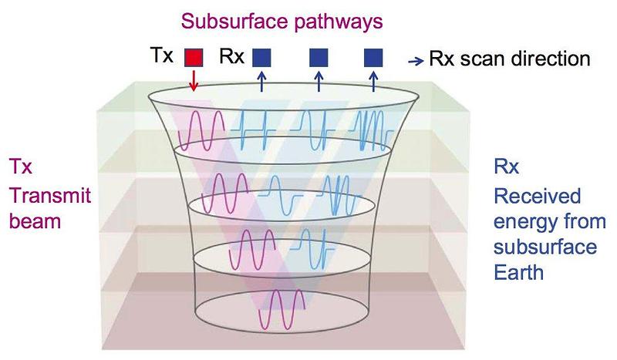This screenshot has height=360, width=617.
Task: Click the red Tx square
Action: pyautogui.click(x=193, y=57)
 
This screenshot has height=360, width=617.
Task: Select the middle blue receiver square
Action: pyautogui.click(x=319, y=57)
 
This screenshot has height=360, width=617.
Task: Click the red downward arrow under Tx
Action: pyautogui.click(x=193, y=80)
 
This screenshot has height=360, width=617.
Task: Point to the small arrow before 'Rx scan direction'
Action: pyautogui.click(x=413, y=59)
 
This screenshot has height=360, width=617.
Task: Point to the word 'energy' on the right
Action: pyautogui.click(x=513, y=221)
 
